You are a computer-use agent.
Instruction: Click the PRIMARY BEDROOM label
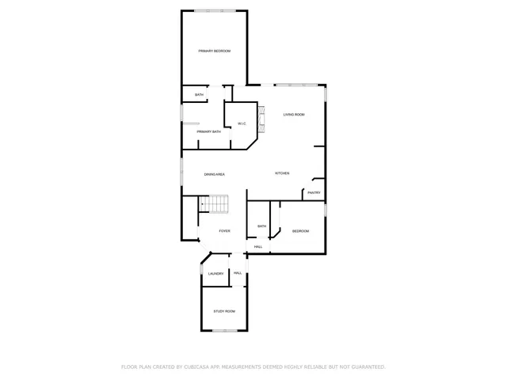click(x=214, y=51)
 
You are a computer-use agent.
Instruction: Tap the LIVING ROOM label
click(x=294, y=115)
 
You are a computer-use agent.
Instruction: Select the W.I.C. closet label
click(x=241, y=123)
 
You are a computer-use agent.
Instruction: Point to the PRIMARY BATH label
click(x=209, y=131)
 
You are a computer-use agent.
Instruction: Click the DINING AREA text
click(x=215, y=173)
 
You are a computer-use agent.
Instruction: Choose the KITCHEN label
click(x=282, y=173)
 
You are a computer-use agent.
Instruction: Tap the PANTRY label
click(x=314, y=192)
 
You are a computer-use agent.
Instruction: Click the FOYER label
click(x=225, y=231)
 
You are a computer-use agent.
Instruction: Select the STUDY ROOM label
click(x=224, y=311)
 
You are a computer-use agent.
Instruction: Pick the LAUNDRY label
click(x=215, y=274)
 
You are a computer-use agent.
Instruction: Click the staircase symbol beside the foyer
click(x=213, y=204)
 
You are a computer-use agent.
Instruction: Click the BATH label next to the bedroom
click(x=261, y=226)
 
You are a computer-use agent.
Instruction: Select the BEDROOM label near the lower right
click(x=300, y=231)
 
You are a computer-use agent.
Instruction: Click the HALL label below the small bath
click(x=258, y=247)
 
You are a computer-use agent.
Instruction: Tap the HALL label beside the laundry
click(x=238, y=273)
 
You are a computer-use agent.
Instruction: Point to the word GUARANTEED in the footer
click(x=366, y=367)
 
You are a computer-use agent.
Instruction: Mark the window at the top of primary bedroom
click(x=214, y=10)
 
